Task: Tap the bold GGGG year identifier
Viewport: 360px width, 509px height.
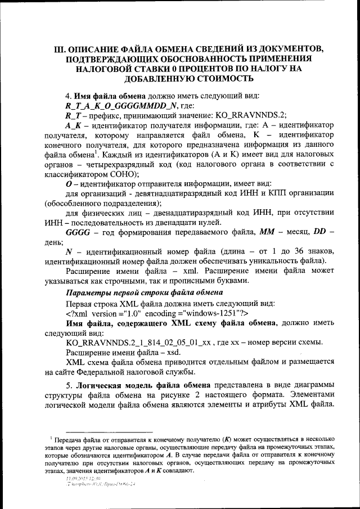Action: pyautogui.click(x=78, y=232)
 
